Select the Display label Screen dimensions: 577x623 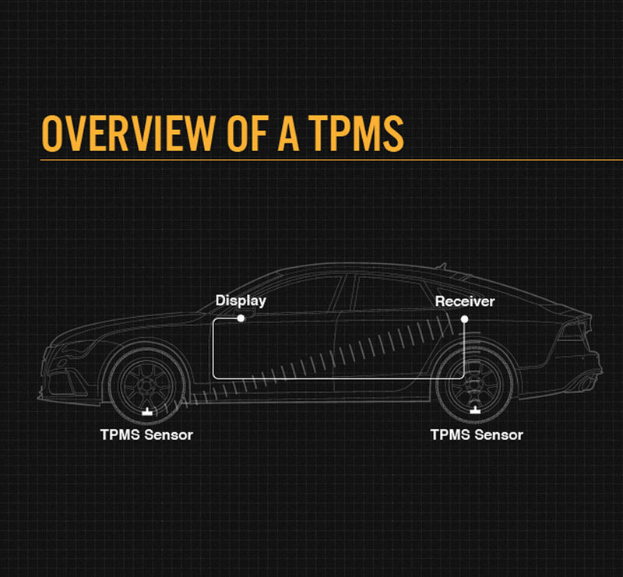coord(241,301)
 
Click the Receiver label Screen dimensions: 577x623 coord(464,301)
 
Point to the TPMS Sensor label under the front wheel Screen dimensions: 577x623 coord(146,435)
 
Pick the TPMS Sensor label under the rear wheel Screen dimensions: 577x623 coord(477,435)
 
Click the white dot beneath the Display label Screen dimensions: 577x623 coord(241,318)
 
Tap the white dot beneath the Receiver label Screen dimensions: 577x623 coord(464,318)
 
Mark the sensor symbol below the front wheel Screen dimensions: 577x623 coord(146,410)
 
